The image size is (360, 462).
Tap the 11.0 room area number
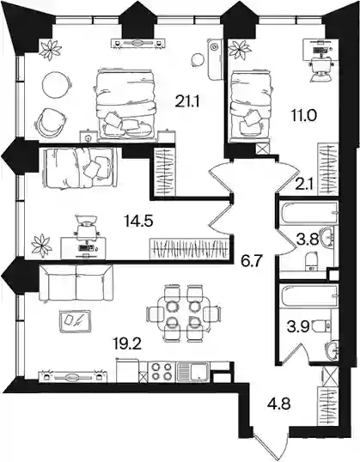pyautogui.click(x=302, y=115)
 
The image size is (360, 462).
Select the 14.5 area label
pyautogui.click(x=138, y=221)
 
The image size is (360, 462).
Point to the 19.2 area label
pyautogui.click(x=127, y=343)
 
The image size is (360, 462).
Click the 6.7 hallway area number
pyautogui.click(x=252, y=261)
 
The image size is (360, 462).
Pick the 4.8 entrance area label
pyautogui.click(x=279, y=404)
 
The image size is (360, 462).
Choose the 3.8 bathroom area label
pyautogui.click(x=308, y=240)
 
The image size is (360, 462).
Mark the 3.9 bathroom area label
pyautogui.click(x=298, y=327)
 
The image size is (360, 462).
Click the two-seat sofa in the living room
pyautogui.click(x=76, y=283)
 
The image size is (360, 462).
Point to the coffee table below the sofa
pyautogui.click(x=75, y=321)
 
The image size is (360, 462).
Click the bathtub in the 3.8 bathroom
pyautogui.click(x=308, y=212)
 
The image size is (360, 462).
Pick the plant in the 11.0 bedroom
pyautogui.click(x=241, y=49)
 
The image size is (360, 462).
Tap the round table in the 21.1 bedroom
pyautogui.click(x=58, y=85)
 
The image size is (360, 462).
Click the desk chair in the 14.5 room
pyautogui.click(x=87, y=227)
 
